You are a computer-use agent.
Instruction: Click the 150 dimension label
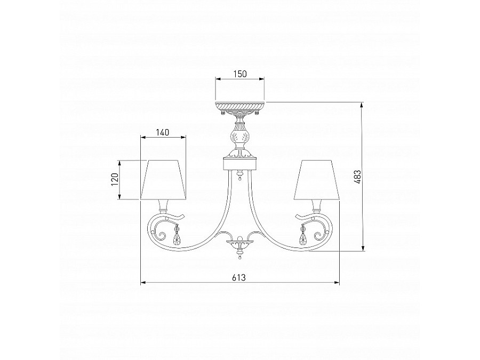(240, 74)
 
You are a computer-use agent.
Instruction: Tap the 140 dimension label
(163, 133)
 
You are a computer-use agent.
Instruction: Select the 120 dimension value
(115, 180)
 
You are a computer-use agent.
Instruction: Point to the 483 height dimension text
(358, 177)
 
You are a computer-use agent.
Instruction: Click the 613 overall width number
(239, 277)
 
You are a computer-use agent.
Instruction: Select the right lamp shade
(317, 180)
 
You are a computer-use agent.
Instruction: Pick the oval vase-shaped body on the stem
(240, 135)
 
